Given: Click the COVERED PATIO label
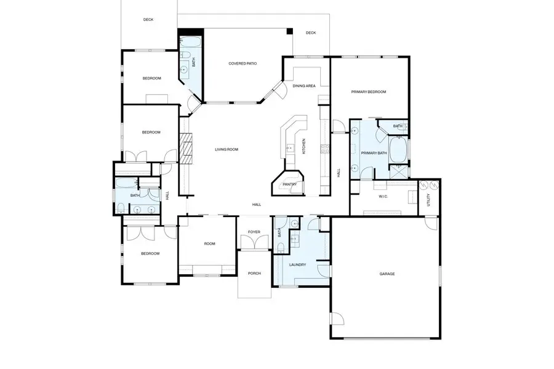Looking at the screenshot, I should (x=243, y=63).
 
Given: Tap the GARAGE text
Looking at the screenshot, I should (x=387, y=274).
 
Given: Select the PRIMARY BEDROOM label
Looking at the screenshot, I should (x=368, y=92).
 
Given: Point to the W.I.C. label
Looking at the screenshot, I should (x=382, y=197).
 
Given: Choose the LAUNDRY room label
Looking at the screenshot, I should (x=297, y=265).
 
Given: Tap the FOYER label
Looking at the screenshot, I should (x=254, y=232).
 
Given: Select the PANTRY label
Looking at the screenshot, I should (x=289, y=184).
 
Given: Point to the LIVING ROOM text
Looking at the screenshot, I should (x=226, y=149).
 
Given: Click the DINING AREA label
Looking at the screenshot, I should (x=304, y=85).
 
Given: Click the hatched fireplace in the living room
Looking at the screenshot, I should (x=184, y=148).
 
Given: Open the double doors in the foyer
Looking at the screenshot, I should (x=254, y=244).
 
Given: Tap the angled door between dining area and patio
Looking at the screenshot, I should (x=278, y=92).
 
